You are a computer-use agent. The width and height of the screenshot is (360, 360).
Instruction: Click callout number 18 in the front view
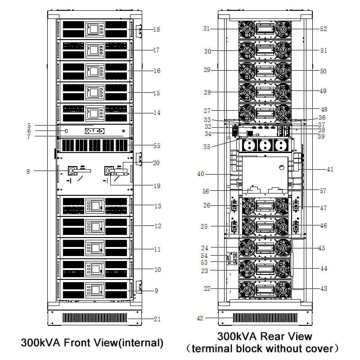[157, 29]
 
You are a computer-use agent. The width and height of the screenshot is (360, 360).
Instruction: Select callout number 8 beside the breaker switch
[28, 171]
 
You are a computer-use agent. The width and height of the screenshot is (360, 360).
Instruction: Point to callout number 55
[157, 146]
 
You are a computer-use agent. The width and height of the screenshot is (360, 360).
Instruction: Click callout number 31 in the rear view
[207, 28]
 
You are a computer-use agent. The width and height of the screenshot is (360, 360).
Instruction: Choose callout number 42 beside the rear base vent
[200, 318]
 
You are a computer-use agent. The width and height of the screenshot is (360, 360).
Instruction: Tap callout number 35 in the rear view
[206, 147]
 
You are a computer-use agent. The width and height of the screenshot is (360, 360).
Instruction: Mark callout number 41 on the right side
[330, 170]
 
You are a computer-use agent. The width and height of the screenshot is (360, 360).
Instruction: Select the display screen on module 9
[95, 289]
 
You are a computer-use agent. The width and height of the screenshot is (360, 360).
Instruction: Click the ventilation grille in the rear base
[265, 317]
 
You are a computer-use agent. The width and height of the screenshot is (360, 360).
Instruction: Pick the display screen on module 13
[95, 206]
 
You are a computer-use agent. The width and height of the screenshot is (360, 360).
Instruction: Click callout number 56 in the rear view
[206, 191]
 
